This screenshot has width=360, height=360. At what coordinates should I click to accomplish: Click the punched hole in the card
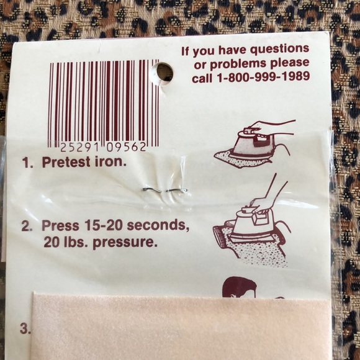click(x=163, y=73)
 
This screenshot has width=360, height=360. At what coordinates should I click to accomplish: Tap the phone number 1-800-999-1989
click(x=263, y=78)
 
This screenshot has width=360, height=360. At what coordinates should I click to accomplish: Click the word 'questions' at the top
click(x=279, y=50)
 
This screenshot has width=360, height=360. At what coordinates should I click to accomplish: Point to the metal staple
click(x=165, y=191)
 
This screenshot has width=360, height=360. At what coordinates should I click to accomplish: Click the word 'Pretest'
click(x=66, y=162)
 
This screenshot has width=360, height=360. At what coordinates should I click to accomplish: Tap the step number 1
click(x=27, y=163)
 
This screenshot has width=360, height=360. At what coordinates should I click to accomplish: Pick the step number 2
click(x=27, y=226)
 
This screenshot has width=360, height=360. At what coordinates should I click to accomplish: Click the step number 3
click(x=25, y=328)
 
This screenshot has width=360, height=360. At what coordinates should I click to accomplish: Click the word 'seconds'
click(x=158, y=226)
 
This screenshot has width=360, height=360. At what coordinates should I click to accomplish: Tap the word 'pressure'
click(x=125, y=243)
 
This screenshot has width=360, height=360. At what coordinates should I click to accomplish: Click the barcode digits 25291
click(x=79, y=147)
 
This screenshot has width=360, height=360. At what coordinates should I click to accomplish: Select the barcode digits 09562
click(x=126, y=147)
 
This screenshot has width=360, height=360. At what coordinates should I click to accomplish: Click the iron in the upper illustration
click(x=250, y=142)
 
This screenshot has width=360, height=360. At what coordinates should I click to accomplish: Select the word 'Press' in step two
click(x=60, y=225)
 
